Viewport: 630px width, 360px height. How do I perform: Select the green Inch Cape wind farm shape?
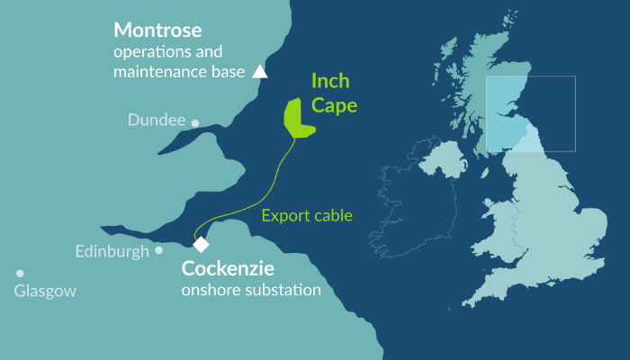click(297, 117)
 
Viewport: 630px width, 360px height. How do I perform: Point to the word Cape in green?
click(335, 105)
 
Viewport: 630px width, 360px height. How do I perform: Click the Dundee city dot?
click(195, 123)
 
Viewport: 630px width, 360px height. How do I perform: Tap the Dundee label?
click(157, 120)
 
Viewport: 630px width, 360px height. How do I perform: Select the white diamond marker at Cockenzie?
click(201, 244)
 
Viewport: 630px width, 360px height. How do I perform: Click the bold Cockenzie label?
click(228, 268)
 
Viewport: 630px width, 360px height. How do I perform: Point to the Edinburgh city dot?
click(159, 250)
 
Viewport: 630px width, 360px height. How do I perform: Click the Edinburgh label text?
click(112, 252)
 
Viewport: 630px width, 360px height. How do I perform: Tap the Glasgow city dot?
click(20, 274)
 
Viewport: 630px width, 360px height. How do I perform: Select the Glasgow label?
click(45, 292)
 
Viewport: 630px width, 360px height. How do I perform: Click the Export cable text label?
click(306, 215)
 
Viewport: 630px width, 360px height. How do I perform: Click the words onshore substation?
click(251, 291)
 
